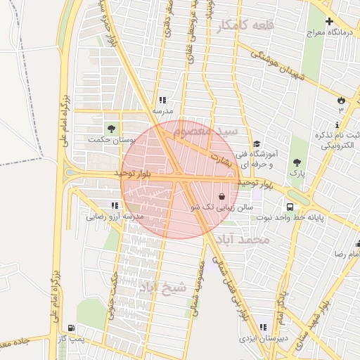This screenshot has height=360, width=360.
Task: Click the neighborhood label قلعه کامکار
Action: (244, 25)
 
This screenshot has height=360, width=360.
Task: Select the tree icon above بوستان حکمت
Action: (110, 128)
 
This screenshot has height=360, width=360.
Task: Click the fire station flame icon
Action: (342, 101)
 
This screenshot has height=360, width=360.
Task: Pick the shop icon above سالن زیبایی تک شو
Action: (223, 197)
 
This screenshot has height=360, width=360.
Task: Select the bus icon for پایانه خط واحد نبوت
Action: (290, 207)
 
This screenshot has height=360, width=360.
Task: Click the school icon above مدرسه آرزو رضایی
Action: (114, 205)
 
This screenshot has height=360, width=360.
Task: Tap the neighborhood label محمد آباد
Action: (244, 240)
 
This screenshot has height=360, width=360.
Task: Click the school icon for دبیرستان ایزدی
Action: (263, 328)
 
